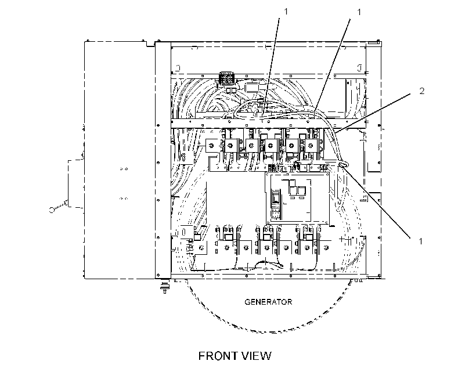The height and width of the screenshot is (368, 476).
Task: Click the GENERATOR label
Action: coord(268,302)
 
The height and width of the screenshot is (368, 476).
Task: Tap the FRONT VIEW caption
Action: coord(235,356)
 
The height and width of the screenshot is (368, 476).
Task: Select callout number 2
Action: coord(421,91)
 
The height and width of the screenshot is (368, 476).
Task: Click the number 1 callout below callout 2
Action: coord(421,241)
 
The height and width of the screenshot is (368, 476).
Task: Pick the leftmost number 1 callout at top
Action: coord(286,11)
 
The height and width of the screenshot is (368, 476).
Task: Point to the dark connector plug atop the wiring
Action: coord(226,77)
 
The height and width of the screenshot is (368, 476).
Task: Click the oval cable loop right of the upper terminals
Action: coord(343,164)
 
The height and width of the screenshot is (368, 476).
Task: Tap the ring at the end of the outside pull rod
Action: coord(52,210)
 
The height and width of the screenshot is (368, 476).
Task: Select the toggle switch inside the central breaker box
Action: coord(276,198)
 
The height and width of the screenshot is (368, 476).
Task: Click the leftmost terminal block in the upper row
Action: coord(212,146)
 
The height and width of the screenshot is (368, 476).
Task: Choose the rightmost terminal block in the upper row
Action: coord(311,146)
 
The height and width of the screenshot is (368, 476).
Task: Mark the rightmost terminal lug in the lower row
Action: coord(326,248)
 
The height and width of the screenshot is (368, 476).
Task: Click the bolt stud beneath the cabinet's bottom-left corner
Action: coord(164,286)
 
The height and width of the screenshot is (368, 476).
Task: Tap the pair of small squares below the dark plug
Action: coord(230,90)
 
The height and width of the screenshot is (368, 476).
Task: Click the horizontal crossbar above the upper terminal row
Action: coord(268,124)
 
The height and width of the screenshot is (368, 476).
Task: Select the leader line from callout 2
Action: coord(373,113)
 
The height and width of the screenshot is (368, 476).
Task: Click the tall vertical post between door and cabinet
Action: coord(163,160)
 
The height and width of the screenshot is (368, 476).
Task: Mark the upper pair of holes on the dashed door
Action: coord(124,168)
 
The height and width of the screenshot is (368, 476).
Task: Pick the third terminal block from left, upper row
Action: coord(251,146)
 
